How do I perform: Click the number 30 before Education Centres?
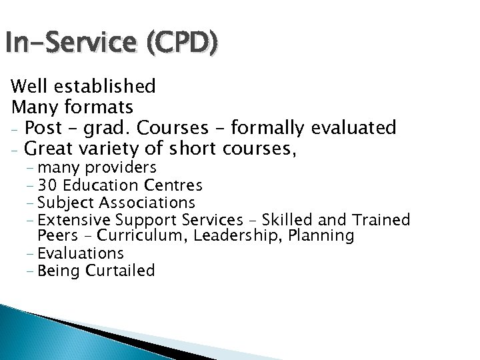pos(47,184)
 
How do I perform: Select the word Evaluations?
pos(81,253)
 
